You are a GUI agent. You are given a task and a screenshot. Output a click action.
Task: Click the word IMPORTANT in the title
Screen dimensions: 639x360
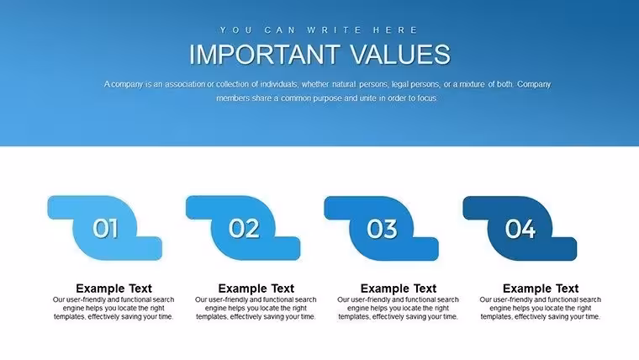pos(265,54)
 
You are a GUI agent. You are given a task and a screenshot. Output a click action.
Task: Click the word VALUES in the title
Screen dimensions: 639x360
pos(400,54)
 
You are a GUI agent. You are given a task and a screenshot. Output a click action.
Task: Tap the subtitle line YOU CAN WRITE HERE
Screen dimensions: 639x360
pos(319,30)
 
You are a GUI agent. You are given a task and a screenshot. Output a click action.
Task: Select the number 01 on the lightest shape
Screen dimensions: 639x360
pos(105,228)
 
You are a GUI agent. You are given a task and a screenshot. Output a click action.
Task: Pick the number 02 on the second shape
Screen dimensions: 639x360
pos(244,228)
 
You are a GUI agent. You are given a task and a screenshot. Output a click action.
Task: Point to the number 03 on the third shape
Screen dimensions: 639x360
pos(382,229)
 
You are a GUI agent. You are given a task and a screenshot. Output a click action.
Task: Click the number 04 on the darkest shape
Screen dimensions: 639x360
pos(520,229)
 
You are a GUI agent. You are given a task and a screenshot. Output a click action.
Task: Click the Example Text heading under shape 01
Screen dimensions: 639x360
pos(114,289)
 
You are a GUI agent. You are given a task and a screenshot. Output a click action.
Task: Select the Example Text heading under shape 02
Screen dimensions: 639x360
pos(256,289)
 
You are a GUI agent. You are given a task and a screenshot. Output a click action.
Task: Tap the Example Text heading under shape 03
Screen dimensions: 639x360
pos(399,289)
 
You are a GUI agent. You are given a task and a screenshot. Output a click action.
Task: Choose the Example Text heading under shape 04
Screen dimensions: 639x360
pos(541,289)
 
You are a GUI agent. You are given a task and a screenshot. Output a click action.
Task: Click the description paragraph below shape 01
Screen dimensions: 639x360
pos(114,308)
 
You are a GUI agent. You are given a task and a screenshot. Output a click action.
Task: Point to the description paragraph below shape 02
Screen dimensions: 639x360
pos(256,308)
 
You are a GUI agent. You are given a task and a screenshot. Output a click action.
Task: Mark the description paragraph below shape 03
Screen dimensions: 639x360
pos(399,308)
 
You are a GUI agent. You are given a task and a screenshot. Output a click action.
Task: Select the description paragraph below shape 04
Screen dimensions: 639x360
pos(541,308)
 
